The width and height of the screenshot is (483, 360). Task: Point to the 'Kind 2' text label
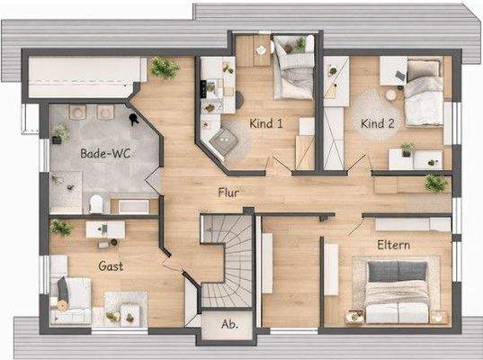[379, 122]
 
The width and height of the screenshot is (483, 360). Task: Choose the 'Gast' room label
[110, 266]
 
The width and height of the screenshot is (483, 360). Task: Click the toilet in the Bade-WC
[96, 202]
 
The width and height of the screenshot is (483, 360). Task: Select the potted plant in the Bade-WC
[60, 132]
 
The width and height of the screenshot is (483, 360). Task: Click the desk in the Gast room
[105, 230]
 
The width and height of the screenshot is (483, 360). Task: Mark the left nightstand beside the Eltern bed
[355, 315]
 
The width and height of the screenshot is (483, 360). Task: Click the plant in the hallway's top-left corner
[164, 68]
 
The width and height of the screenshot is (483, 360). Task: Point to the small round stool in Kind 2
[391, 94]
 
